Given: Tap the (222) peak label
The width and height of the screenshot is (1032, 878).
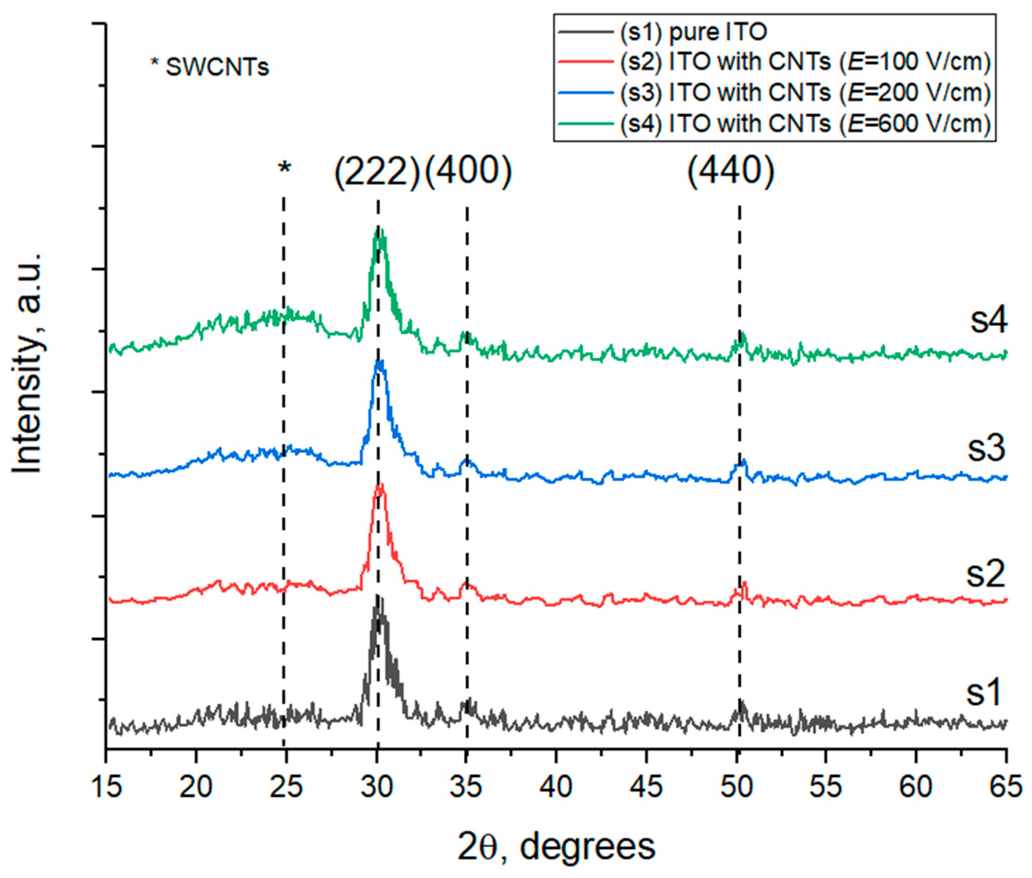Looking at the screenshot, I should coord(377,175).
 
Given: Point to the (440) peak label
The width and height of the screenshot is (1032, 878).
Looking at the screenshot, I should coord(730,172).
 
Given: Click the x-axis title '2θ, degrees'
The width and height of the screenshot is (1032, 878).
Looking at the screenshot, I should coord(556,847).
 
